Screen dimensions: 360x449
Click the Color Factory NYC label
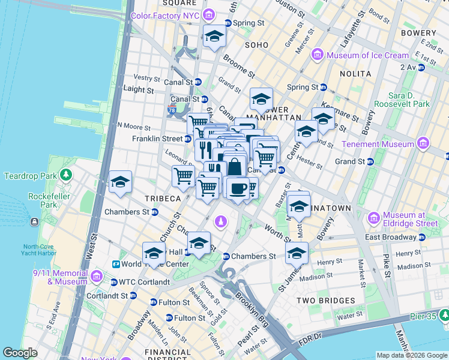(x=165, y=15)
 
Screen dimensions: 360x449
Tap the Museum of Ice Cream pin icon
(x=318, y=55)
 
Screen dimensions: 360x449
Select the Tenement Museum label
(x=378, y=144)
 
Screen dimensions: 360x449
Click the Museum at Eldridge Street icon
(x=374, y=217)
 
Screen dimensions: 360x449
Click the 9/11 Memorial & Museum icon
(x=97, y=277)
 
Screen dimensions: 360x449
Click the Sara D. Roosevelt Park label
(x=401, y=100)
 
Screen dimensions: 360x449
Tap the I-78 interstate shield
(x=172, y=110)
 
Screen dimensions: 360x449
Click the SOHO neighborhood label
(x=256, y=45)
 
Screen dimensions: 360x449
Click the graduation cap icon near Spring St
(x=214, y=37)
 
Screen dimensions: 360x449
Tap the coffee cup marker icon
(x=238, y=188)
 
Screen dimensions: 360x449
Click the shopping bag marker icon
(x=235, y=166)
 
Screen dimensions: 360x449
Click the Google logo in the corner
(x=20, y=352)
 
